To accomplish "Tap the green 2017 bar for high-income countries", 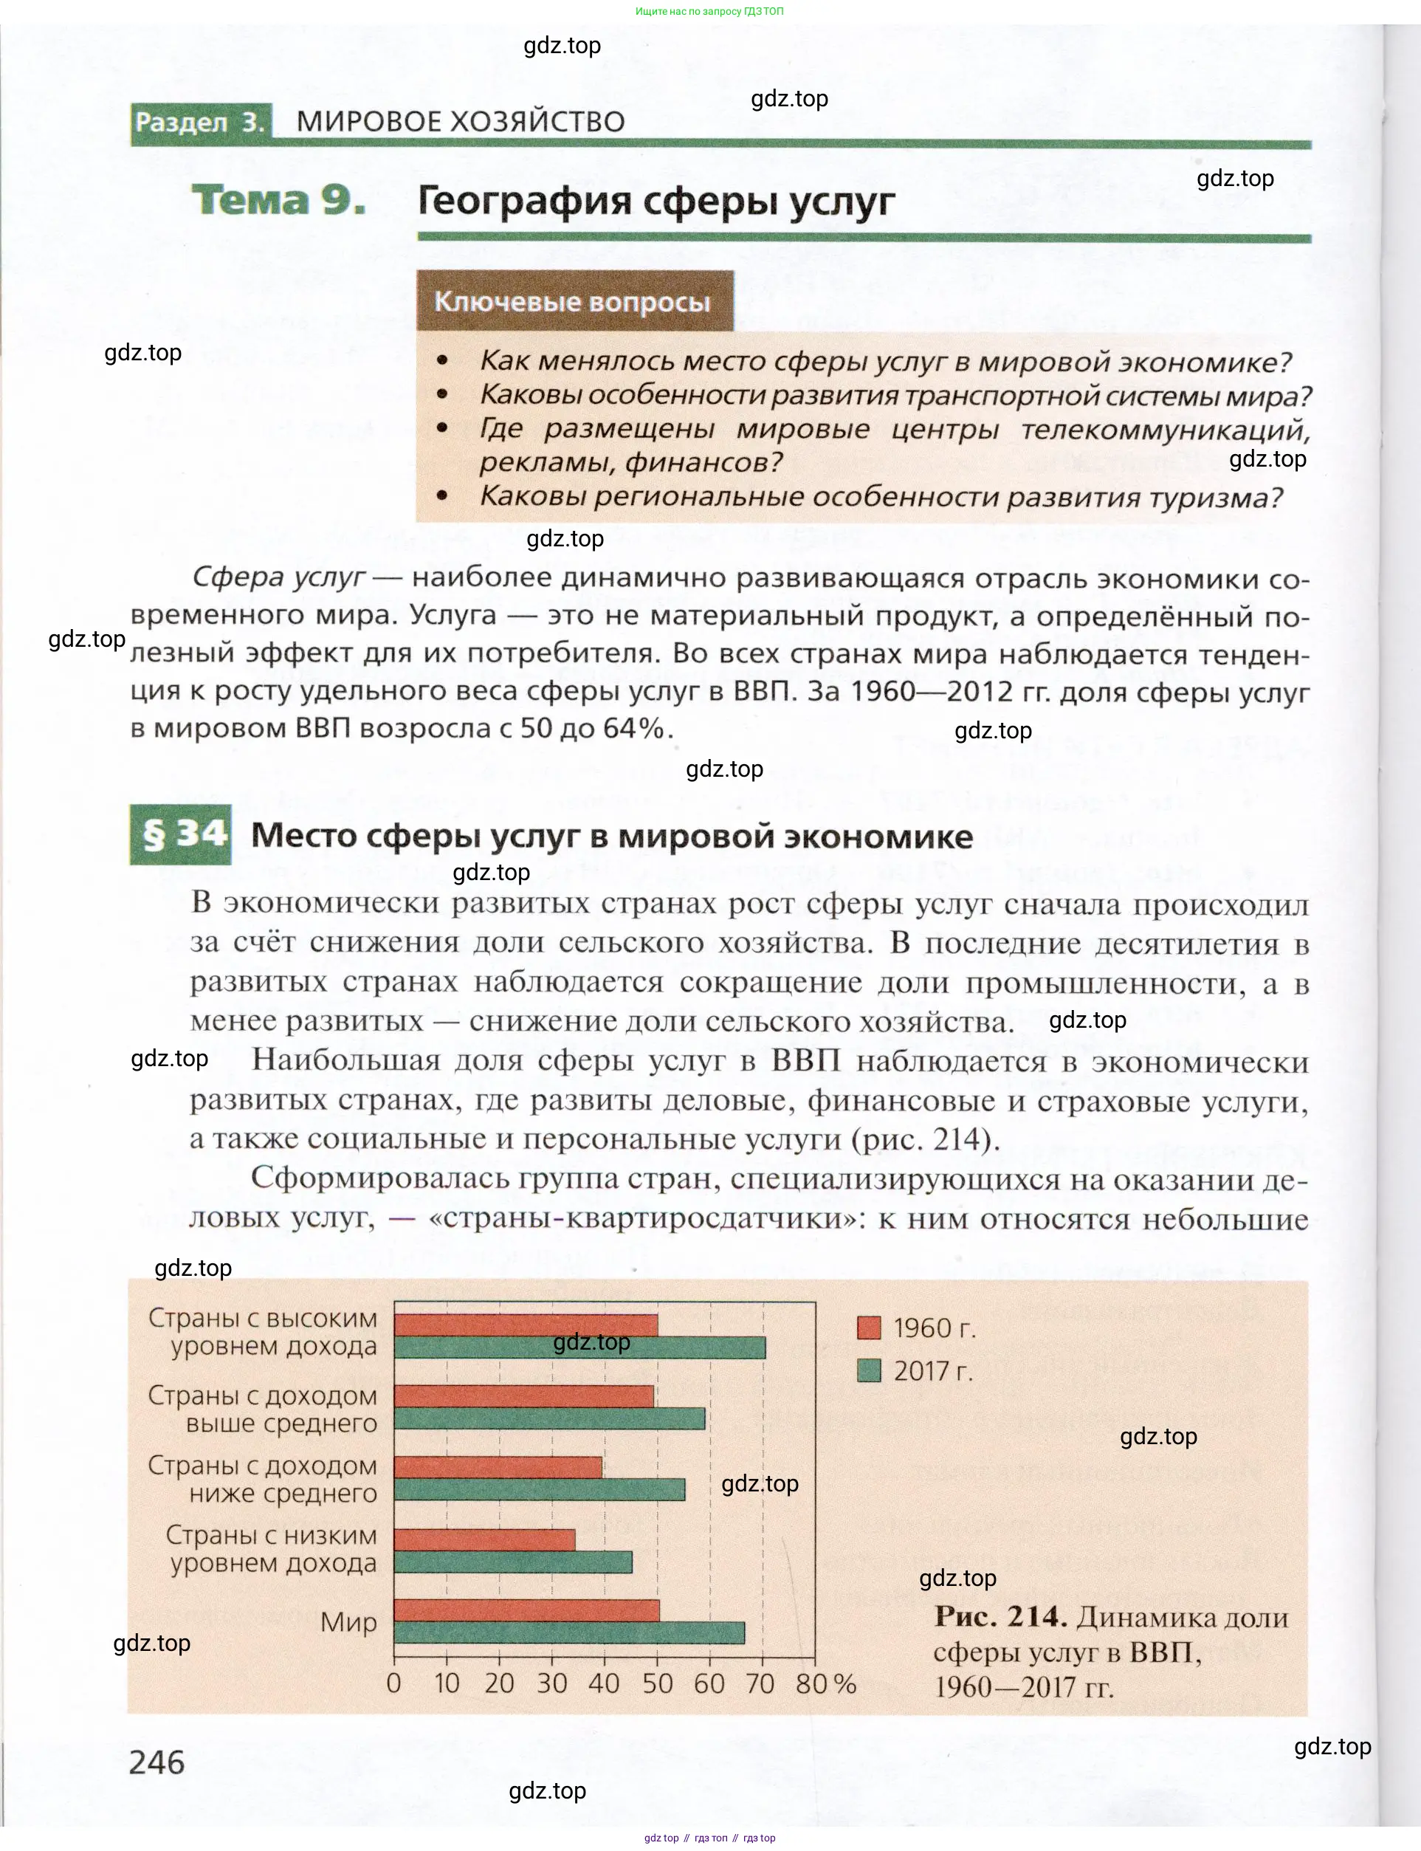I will tap(579, 1347).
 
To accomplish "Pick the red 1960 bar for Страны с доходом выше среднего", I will tap(523, 1396).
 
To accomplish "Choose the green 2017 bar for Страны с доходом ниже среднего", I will tap(540, 1490).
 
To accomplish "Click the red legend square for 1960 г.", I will tap(869, 1328).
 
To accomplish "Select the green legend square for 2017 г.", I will tap(869, 1370).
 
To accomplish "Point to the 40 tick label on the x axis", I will tap(604, 1683).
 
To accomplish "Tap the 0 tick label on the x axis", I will tap(393, 1683).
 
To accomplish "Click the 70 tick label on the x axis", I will tap(760, 1683).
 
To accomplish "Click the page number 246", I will tap(156, 1762).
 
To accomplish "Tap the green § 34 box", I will tap(180, 835).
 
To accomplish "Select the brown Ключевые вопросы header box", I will tap(574, 302).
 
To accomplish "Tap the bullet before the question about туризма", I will tap(441, 497).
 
